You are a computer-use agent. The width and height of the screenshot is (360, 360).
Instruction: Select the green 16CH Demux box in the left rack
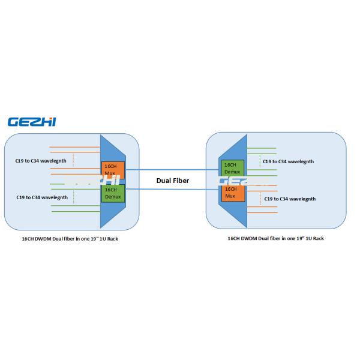point(112,193)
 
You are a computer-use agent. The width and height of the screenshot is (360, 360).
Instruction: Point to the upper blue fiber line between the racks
point(172,170)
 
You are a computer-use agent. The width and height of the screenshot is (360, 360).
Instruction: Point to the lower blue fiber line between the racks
point(172,189)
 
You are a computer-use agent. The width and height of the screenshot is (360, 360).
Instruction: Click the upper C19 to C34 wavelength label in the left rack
point(41,161)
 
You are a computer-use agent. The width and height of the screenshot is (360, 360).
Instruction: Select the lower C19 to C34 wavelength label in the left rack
point(41,197)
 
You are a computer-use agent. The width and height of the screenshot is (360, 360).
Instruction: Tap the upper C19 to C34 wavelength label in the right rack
point(289,161)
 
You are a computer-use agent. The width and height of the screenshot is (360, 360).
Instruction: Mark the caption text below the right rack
point(275,238)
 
